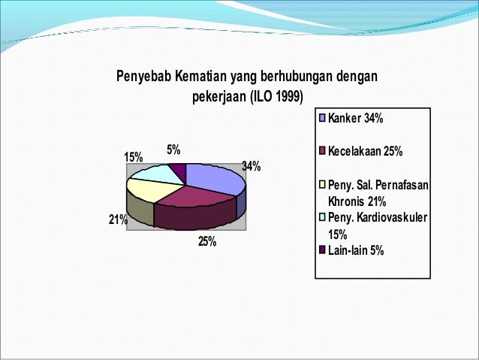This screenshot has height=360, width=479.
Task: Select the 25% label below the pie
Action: [x=207, y=242]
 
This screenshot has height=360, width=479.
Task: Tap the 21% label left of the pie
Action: [x=118, y=219]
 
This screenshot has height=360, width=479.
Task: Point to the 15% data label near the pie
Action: [x=133, y=157]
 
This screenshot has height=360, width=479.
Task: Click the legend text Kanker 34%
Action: [x=356, y=119]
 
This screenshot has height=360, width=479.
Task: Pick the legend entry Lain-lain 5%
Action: [x=356, y=251]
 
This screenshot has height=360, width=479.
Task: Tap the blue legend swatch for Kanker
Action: [x=323, y=119]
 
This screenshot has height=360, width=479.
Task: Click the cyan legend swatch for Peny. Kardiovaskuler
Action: [x=323, y=219]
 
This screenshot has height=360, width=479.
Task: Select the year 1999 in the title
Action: [x=288, y=97]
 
